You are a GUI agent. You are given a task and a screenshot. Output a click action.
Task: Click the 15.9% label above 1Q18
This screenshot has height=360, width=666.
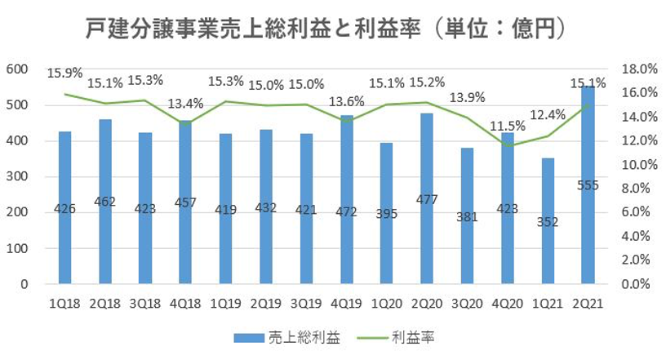coord(64,73)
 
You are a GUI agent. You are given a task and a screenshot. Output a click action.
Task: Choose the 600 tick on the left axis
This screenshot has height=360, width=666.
coord(16,69)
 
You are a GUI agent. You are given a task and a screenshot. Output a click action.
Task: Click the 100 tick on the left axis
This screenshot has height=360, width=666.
coord(16,248)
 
